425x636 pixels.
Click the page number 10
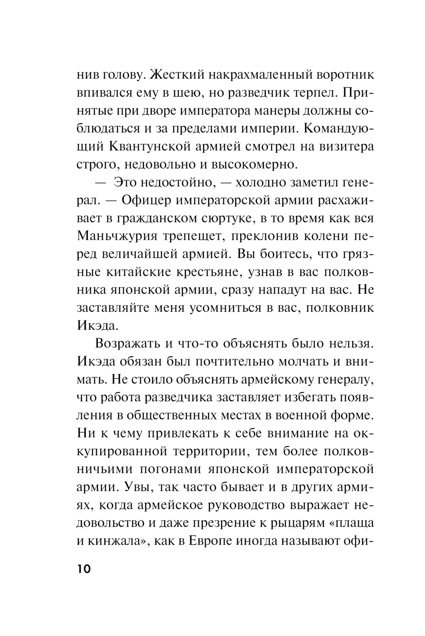(x=83, y=569)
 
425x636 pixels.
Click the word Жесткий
(x=163, y=75)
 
